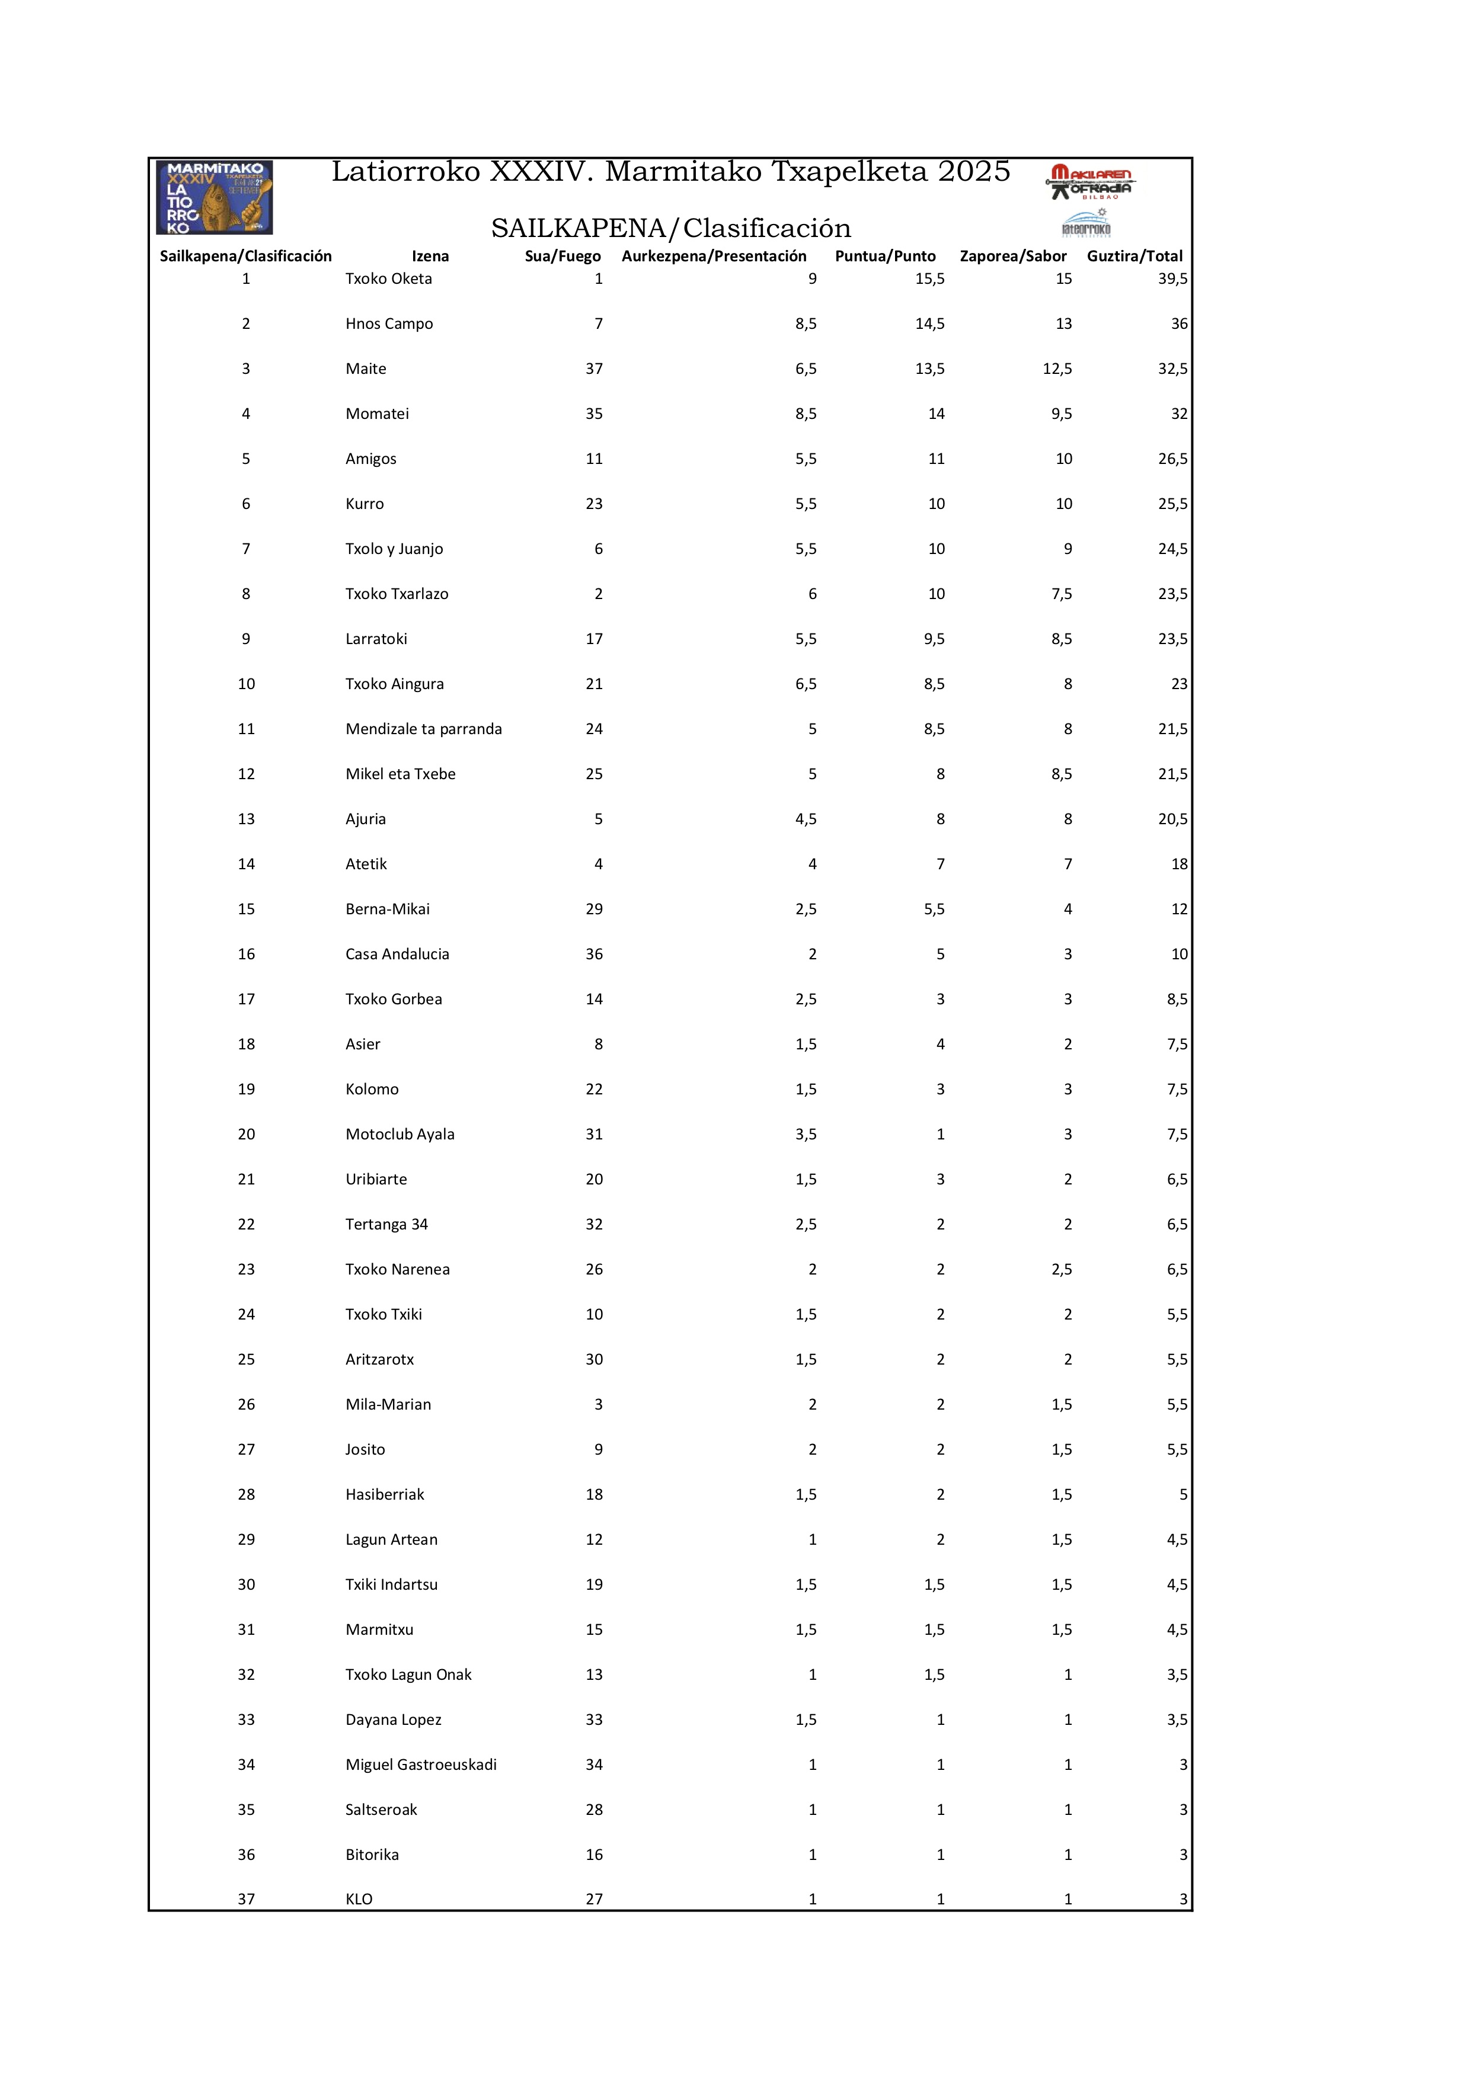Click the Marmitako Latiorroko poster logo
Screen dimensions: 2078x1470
215,197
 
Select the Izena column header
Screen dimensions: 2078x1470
430,256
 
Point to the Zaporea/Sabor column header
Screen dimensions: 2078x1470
1013,256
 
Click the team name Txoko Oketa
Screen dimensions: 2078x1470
388,278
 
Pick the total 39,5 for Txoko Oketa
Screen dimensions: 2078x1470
1172,278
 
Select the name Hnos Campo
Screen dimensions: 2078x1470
389,324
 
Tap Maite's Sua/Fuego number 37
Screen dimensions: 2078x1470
594,369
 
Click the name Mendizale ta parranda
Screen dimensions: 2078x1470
424,729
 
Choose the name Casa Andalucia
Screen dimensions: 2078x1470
397,954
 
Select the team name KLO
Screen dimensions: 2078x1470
359,1899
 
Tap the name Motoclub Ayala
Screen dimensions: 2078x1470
400,1134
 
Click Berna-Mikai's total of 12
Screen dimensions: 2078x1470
1178,909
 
